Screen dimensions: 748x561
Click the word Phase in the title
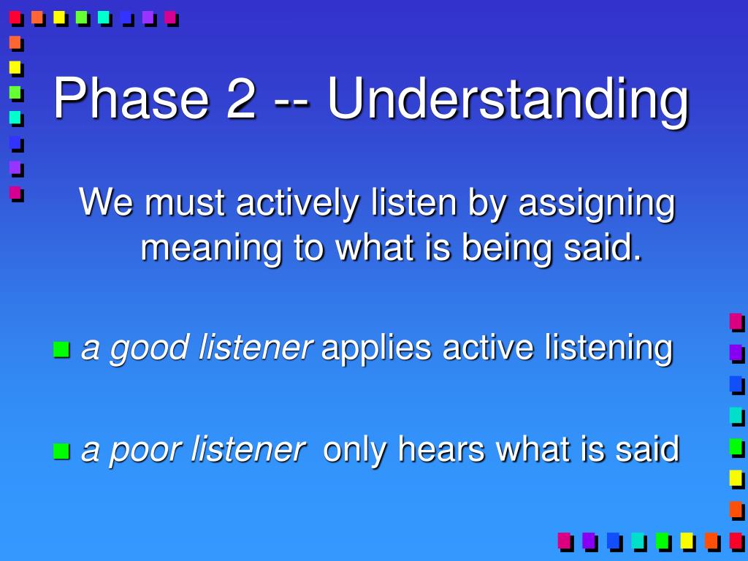pyautogui.click(x=131, y=99)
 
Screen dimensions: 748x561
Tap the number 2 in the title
pyautogui.click(x=241, y=99)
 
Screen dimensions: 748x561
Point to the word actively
pyautogui.click(x=297, y=203)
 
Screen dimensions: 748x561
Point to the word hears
pyautogui.click(x=440, y=449)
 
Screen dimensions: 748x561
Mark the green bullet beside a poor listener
pyautogui.click(x=61, y=451)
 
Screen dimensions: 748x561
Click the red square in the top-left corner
pyautogui.click(x=15, y=18)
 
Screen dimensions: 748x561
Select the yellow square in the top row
pyautogui.click(x=59, y=18)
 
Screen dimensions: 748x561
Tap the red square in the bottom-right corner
pyautogui.click(x=736, y=541)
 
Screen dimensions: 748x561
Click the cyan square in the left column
pyautogui.click(x=15, y=117)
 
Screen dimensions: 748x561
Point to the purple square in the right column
pyautogui.click(x=736, y=354)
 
